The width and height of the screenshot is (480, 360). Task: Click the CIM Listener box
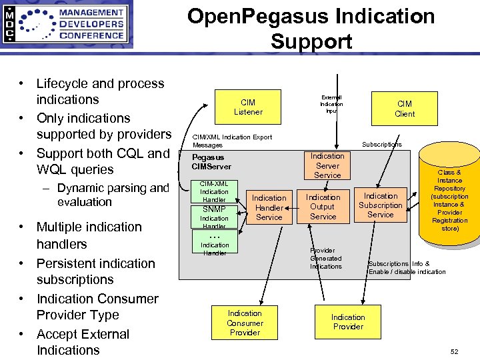tap(247, 107)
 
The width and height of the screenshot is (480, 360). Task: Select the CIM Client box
tap(404, 109)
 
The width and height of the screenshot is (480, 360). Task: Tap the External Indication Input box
tap(331, 104)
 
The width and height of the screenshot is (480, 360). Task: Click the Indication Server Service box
tap(327, 165)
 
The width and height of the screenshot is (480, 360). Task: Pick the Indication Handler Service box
tap(269, 207)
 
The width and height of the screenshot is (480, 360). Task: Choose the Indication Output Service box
tap(323, 207)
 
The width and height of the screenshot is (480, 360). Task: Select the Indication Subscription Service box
tap(380, 205)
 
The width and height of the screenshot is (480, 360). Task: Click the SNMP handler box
tap(214, 209)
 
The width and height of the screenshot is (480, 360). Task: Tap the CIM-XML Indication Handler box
tap(214, 191)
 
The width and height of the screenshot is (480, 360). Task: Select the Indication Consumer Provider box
tap(245, 323)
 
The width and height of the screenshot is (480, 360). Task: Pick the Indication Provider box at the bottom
tap(348, 322)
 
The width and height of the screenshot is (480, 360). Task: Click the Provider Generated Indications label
tap(325, 259)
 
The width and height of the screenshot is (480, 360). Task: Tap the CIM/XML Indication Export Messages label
tap(232, 141)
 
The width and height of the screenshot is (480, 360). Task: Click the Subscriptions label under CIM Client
tap(381, 144)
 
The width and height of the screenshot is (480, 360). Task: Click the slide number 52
tap(455, 351)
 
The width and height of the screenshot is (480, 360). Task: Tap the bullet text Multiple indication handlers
tap(89, 235)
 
